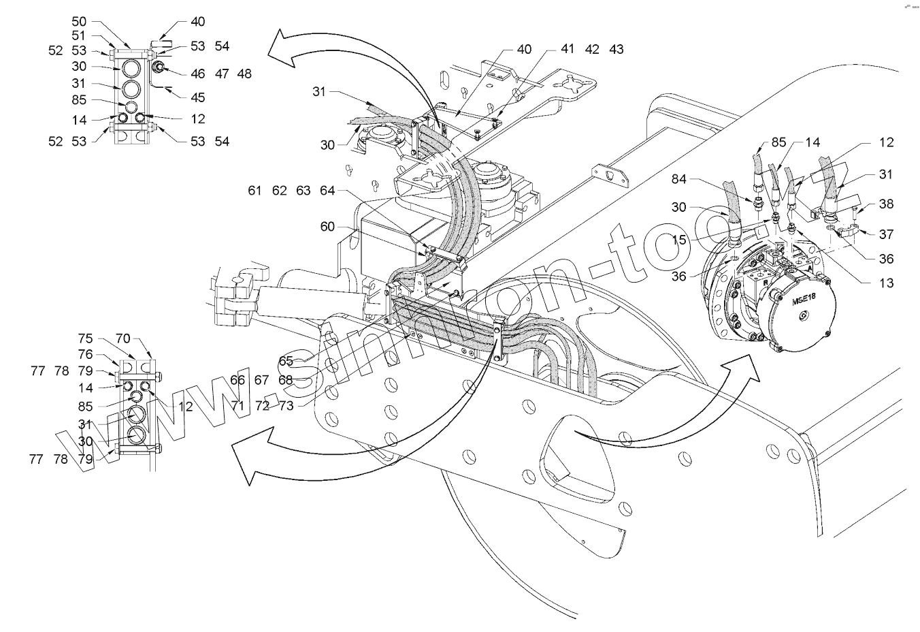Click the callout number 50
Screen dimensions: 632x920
tap(79, 22)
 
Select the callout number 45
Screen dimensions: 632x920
tap(197, 97)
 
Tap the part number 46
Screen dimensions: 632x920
tap(198, 74)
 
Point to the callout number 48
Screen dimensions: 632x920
tap(244, 74)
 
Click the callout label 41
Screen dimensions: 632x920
tap(568, 49)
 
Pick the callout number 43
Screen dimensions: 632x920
tap(616, 49)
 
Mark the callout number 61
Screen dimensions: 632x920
tap(255, 191)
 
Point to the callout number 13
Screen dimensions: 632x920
tap(885, 283)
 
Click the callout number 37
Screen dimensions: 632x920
tap(885, 234)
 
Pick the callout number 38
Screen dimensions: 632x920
tap(885, 204)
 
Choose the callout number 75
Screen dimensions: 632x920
tap(85, 338)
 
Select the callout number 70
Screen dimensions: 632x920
tap(123, 338)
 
